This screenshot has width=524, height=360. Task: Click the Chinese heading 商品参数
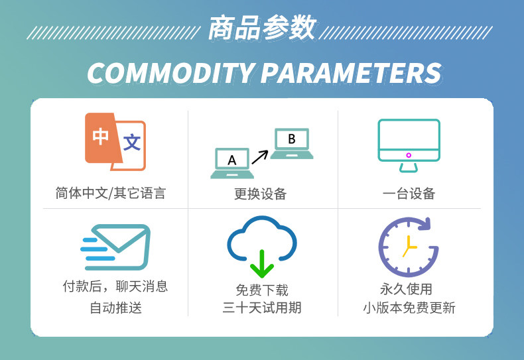point(263,28)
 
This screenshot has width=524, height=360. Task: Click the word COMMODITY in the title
point(170,73)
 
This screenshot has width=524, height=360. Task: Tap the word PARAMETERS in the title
point(351,73)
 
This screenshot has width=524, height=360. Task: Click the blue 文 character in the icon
point(132,143)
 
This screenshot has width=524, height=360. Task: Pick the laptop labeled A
point(232,163)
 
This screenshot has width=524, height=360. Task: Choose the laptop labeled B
point(292,143)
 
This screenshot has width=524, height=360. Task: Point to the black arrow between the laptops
point(260,157)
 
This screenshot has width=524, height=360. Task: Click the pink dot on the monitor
point(409,155)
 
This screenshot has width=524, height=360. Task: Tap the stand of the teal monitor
point(409,168)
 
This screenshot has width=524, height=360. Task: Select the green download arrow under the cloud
point(262,264)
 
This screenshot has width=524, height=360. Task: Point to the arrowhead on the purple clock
point(424,223)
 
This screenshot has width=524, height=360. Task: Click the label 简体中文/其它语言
point(110,194)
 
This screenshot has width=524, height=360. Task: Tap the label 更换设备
point(260,194)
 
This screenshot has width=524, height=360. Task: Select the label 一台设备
point(409,194)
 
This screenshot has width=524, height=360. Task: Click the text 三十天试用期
point(262,308)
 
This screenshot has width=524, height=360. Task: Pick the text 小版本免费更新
point(409,308)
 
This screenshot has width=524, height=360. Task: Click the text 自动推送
point(115,308)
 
